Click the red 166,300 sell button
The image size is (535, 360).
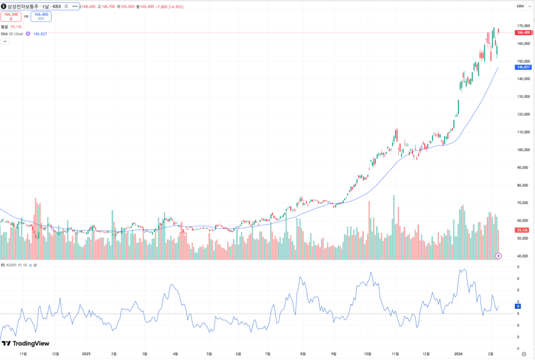11,16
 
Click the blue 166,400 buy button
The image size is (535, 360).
41,16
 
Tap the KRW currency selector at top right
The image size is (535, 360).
520,6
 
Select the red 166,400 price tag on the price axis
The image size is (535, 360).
523,32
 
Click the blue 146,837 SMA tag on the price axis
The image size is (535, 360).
523,67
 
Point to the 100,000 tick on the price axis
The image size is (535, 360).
523,150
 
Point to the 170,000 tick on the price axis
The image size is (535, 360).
523,26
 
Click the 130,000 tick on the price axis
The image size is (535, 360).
523,97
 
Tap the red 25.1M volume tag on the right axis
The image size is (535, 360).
522,230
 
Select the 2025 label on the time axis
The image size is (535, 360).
87,354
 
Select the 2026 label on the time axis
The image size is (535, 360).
459,354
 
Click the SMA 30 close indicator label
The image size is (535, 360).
11,33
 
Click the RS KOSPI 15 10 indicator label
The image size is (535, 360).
15,265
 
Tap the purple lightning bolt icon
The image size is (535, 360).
498,256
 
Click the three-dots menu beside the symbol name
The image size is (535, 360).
75,6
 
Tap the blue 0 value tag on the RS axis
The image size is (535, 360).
518,307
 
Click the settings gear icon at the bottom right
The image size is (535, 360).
524,354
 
